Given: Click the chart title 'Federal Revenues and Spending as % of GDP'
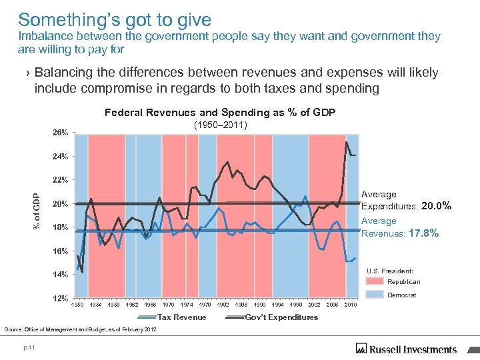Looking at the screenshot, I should click(220, 113).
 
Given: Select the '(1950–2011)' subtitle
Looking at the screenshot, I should click(221, 125).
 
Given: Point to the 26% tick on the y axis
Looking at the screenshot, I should click(60, 133).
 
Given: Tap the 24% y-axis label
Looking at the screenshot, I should click(60, 157).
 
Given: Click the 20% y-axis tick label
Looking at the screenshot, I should click(60, 204).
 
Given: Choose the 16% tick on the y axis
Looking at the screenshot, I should click(60, 251).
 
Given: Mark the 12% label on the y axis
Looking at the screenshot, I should click(60, 298).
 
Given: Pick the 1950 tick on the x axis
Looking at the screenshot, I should click(78, 305).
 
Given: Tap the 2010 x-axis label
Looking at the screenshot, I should click(351, 305).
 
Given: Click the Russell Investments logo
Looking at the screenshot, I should click(407, 348).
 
